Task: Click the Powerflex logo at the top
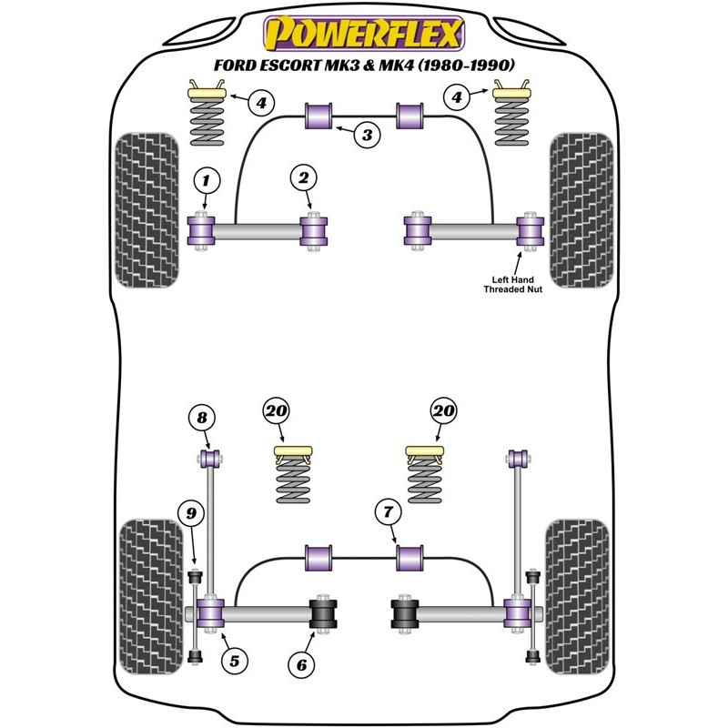363,35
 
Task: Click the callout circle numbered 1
207,179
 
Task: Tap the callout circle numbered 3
366,136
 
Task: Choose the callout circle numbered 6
300,665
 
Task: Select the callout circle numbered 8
202,419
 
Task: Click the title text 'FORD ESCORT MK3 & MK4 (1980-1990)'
363,66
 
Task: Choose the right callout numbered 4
460,96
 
